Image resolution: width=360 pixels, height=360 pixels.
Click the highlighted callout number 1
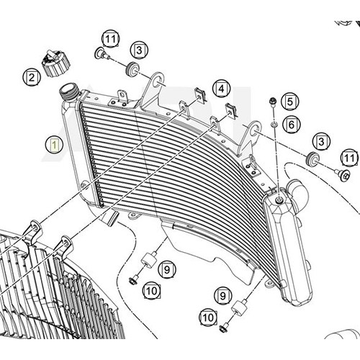click(x=55, y=145)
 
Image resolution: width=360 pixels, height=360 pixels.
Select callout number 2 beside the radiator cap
click(x=32, y=77)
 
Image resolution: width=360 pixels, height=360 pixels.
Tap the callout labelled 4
click(x=221, y=89)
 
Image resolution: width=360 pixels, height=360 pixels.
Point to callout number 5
click(x=290, y=102)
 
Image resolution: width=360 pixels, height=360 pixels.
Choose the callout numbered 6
click(x=291, y=125)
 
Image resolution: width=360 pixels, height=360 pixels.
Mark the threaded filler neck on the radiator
click(x=69, y=92)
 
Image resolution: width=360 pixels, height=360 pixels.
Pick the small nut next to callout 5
click(x=273, y=102)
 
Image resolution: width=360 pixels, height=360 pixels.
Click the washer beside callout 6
click(x=274, y=125)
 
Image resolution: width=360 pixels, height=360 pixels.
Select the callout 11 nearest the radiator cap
click(x=111, y=39)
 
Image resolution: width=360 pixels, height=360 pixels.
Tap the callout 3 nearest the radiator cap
click(x=139, y=50)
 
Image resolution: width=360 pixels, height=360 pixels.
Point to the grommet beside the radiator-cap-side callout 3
click(x=132, y=69)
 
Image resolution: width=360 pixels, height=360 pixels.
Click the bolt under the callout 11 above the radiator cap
click(x=102, y=54)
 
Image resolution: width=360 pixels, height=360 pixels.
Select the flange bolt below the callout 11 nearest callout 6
click(x=343, y=174)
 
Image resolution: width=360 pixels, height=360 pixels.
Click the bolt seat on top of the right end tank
click(x=279, y=199)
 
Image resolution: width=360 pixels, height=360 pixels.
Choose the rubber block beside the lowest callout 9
click(x=238, y=307)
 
